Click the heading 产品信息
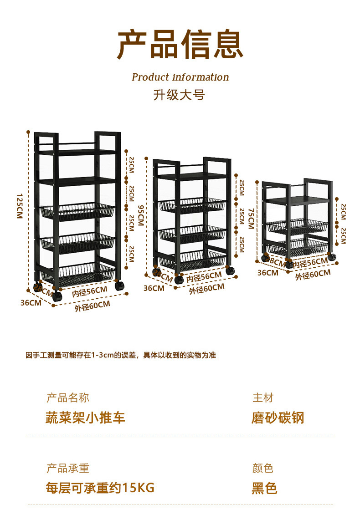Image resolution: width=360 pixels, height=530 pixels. click(x=180, y=45)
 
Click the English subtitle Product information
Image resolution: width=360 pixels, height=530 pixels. click(x=180, y=77)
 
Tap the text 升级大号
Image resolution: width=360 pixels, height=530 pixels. click(x=179, y=95)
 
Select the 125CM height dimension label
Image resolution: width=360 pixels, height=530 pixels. click(x=19, y=206)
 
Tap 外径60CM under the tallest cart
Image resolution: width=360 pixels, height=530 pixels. click(x=93, y=306)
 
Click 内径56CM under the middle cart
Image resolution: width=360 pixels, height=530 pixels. click(x=204, y=276)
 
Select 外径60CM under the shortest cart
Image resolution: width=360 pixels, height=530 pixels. click(x=313, y=274)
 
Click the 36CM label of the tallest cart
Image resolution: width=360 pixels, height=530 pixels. click(x=31, y=303)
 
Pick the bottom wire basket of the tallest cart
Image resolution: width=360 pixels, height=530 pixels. click(x=78, y=273)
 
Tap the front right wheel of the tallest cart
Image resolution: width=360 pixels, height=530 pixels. click(x=120, y=286)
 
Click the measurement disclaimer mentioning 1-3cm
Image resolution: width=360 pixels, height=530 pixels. click(x=121, y=355)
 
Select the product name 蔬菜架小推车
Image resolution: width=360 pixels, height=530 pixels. click(x=85, y=418)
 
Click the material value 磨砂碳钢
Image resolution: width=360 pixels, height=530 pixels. click(x=278, y=418)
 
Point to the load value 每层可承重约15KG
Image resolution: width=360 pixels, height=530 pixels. click(x=100, y=488)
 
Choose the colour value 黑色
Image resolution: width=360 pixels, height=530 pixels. click(x=264, y=488)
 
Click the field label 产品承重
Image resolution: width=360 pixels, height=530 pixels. click(x=68, y=468)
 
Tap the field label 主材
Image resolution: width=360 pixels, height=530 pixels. click(x=263, y=398)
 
